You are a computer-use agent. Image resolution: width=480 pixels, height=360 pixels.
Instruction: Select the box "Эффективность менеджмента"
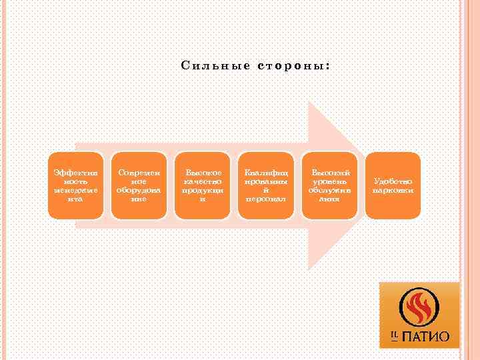coord(75,185)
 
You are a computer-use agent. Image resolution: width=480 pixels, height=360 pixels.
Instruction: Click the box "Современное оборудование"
coord(139,185)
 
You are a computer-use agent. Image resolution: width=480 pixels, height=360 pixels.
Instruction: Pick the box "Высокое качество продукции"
coord(203,185)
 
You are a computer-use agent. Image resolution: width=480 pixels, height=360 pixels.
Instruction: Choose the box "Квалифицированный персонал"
coord(265,185)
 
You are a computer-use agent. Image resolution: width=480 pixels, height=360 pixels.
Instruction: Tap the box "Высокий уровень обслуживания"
coord(329,185)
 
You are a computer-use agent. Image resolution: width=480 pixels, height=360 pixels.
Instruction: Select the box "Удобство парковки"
coord(393,185)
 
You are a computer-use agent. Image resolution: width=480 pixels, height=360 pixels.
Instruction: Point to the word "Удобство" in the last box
coord(393,181)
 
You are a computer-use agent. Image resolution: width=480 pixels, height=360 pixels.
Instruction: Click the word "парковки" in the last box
coord(393,190)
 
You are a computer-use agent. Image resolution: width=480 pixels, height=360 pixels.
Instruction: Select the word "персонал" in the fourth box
coord(265,199)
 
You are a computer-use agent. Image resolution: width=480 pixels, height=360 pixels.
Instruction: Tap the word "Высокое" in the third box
coord(203,173)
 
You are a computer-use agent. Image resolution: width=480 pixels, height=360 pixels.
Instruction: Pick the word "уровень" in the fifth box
coord(329,181)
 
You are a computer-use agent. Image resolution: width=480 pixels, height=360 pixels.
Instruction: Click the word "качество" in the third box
coord(203,181)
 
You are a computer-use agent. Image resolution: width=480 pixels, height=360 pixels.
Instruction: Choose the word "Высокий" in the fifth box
coord(329,173)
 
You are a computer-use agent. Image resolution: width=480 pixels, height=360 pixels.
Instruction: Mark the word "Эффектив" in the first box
coord(75,173)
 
